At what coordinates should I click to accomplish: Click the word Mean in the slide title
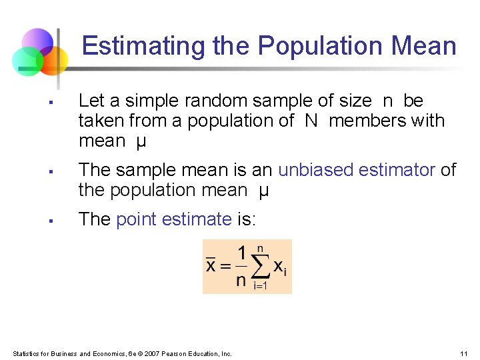(425, 46)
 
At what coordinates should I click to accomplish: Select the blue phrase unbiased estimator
(357, 170)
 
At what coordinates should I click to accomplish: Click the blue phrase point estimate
(173, 219)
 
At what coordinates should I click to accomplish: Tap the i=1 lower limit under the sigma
(261, 286)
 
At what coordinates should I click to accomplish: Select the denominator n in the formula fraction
(241, 280)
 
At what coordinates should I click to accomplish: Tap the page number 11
(464, 353)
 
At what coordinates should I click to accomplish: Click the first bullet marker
(50, 103)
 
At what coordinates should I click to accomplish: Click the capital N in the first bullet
(311, 121)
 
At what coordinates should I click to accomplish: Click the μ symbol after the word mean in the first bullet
(140, 141)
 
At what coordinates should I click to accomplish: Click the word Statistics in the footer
(26, 353)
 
